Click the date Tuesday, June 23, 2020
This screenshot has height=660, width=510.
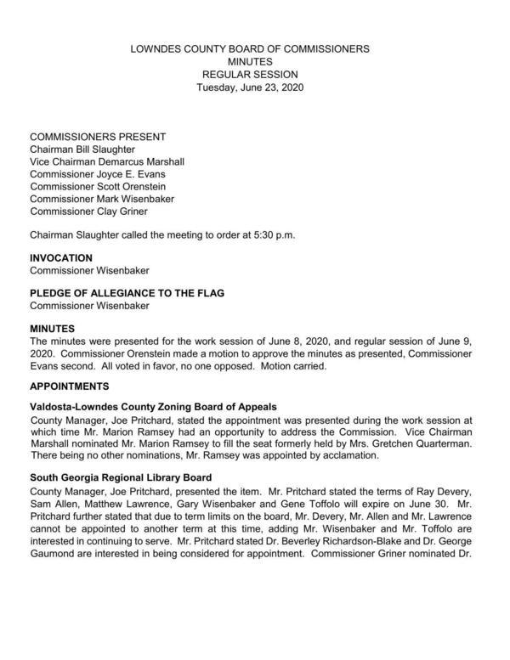click(250, 87)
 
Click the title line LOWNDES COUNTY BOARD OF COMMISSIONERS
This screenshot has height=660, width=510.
click(250, 49)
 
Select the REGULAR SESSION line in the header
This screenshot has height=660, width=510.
click(250, 75)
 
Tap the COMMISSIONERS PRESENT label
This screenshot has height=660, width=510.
click(98, 137)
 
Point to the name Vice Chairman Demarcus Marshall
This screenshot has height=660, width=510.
click(107, 162)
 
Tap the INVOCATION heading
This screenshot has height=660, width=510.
click(61, 257)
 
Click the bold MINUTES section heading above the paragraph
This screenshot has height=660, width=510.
click(53, 328)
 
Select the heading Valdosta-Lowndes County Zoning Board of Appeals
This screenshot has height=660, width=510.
click(153, 407)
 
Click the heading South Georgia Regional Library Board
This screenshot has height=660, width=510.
click(121, 477)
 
